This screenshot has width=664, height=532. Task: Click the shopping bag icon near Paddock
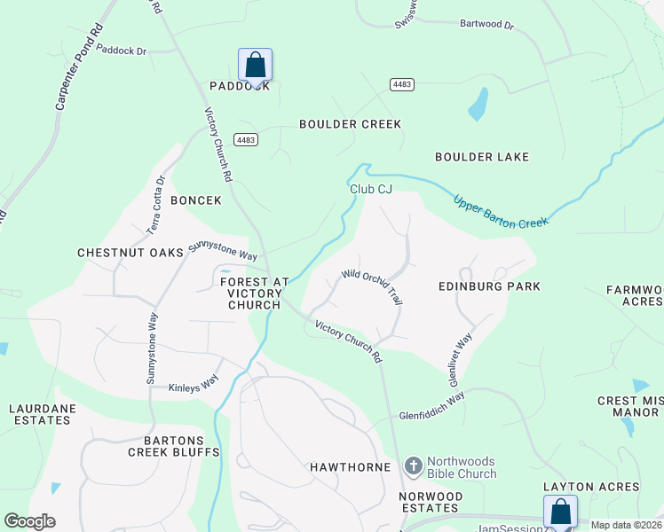(255, 65)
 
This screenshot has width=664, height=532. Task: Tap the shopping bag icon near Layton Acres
(560, 512)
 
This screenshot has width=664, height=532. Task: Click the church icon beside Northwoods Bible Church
(413, 465)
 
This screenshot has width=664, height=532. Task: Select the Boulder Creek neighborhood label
(350, 124)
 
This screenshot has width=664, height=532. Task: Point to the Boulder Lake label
(482, 157)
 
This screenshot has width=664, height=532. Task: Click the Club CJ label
(370, 189)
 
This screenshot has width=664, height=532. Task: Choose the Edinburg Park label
(489, 287)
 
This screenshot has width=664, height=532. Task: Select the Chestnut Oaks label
(130, 253)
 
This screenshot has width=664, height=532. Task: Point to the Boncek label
(195, 200)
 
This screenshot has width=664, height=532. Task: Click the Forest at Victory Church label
(254, 293)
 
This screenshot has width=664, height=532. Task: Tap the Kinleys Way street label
(194, 386)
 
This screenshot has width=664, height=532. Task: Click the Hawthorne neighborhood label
(344, 466)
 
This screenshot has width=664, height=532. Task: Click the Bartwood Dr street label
(486, 25)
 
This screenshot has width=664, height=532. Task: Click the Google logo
(29, 521)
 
